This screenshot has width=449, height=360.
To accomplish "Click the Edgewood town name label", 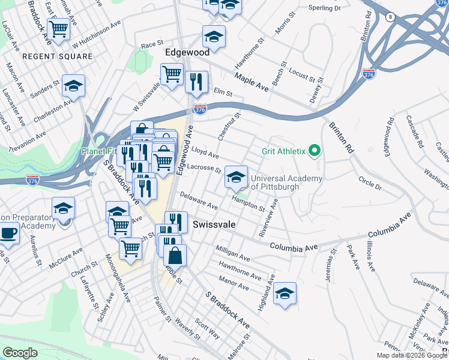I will point(187,53).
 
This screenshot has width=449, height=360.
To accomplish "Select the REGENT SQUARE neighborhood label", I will point(58,56).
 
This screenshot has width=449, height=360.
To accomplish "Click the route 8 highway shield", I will point(390,17).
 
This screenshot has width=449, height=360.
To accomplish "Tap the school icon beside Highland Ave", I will point(285,294).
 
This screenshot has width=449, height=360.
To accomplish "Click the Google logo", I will point(20,353).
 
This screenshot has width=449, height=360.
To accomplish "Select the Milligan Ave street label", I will point(232,253).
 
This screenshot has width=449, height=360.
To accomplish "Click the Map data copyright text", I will point(412,355).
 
